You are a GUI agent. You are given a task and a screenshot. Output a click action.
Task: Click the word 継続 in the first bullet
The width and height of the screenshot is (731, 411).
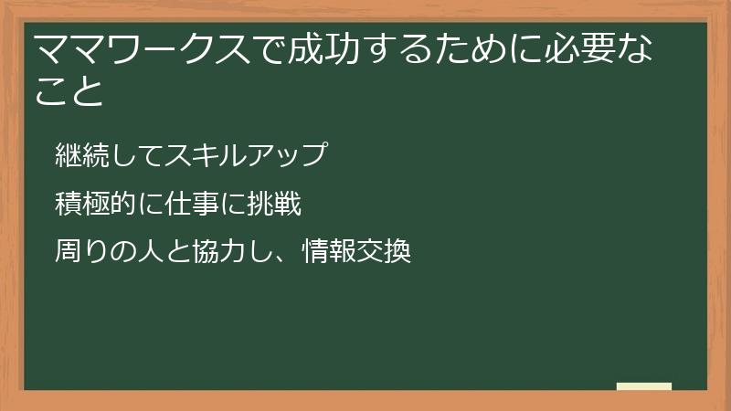click(x=81, y=155)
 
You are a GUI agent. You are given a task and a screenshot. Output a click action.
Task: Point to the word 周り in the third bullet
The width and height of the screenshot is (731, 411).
click(x=81, y=250)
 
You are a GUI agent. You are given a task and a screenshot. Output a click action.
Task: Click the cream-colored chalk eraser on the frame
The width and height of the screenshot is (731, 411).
click(x=643, y=386)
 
